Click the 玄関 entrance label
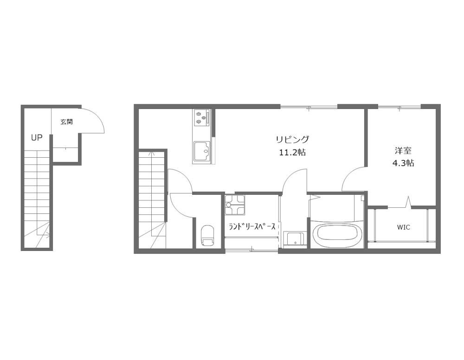[67, 122]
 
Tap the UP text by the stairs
[37, 137]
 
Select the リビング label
[292, 139]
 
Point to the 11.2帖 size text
[292, 153]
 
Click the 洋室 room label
[403, 151]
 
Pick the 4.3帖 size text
[403, 163]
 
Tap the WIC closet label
[403, 227]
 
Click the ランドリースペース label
[252, 226]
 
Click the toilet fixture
[208, 236]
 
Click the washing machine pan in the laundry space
[235, 205]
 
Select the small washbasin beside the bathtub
[294, 239]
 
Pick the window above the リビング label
[309, 107]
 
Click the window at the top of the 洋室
[399, 107]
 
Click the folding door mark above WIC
[409, 202]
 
